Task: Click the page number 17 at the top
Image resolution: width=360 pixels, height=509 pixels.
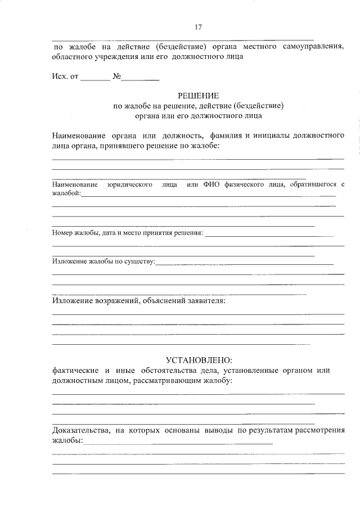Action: pyautogui.click(x=198, y=27)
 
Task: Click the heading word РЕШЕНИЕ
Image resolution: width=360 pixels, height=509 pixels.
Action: pyautogui.click(x=198, y=96)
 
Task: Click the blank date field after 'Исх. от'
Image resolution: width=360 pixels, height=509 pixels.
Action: pyautogui.click(x=95, y=78)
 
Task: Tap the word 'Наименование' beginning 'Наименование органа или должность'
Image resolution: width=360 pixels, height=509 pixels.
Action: pyautogui.click(x=78, y=136)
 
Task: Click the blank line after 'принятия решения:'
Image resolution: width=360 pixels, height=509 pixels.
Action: pyautogui.click(x=269, y=233)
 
